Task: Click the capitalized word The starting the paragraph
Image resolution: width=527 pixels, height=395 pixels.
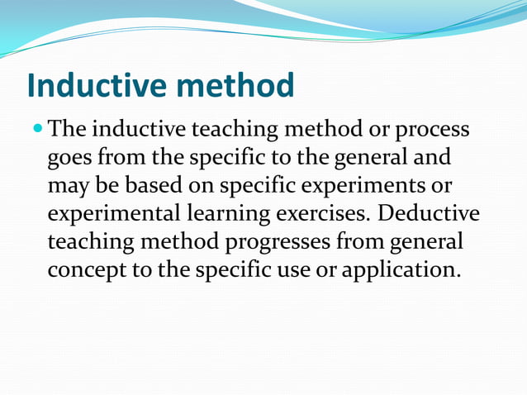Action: (x=69, y=130)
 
